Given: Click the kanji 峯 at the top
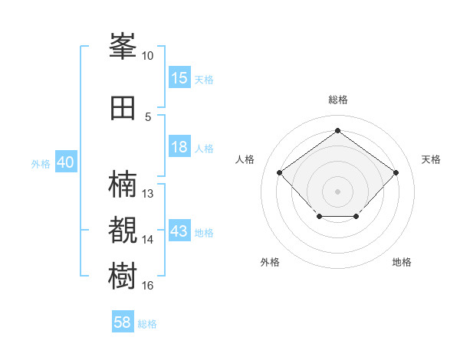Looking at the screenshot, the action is [x=123, y=46].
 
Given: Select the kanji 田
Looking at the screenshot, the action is [x=123, y=108].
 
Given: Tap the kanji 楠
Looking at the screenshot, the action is [x=123, y=184].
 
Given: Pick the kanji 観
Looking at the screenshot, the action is [x=123, y=230].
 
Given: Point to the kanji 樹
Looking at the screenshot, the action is [x=123, y=276].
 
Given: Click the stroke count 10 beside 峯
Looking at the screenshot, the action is [x=147, y=56].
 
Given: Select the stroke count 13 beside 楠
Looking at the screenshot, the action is [x=147, y=194].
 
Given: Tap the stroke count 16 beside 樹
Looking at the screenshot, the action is [x=147, y=286].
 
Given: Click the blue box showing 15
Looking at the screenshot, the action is [x=180, y=77].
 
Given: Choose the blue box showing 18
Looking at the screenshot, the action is [x=180, y=146].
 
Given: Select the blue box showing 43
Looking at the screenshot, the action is [x=180, y=230].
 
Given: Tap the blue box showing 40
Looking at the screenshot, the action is [x=66, y=162].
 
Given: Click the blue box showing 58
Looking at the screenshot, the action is [x=123, y=321].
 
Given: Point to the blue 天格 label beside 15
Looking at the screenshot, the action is [x=204, y=80].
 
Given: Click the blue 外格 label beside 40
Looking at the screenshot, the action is [x=41, y=164].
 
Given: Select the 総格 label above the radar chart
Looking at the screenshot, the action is [x=338, y=100].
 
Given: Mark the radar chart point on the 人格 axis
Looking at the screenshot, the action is [x=280, y=172].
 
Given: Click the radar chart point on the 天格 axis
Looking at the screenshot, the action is [x=396, y=172].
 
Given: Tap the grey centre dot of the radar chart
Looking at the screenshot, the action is [x=337, y=191].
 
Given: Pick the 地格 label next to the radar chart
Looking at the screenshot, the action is [x=402, y=262].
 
